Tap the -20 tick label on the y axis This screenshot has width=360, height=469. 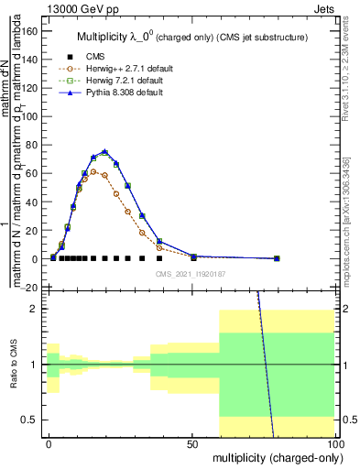(x=29, y=288)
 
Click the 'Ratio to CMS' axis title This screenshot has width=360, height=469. (x=14, y=365)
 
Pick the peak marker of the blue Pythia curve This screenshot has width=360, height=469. (x=104, y=152)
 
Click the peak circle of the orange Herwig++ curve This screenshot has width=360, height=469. (x=93, y=171)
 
